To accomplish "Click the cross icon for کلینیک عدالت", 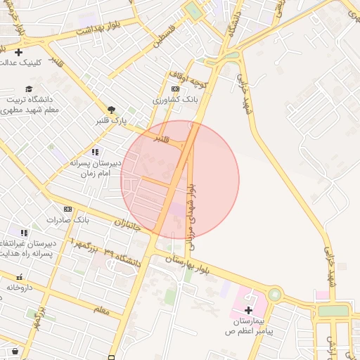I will [x=18, y=52].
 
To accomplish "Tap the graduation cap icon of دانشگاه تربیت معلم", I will [x=29, y=89].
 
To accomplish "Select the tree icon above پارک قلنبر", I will [x=111, y=109].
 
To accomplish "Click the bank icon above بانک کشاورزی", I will [x=175, y=89].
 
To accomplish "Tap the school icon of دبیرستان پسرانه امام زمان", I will [x=95, y=152].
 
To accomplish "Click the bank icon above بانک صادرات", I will [x=68, y=209].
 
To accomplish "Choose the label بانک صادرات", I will [x=68, y=220].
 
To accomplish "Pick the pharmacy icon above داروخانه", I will [x=19, y=277].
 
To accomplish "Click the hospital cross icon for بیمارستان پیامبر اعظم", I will [x=249, y=310].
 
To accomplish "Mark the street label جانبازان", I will [x=127, y=226].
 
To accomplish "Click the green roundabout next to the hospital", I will [x=274, y=295].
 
